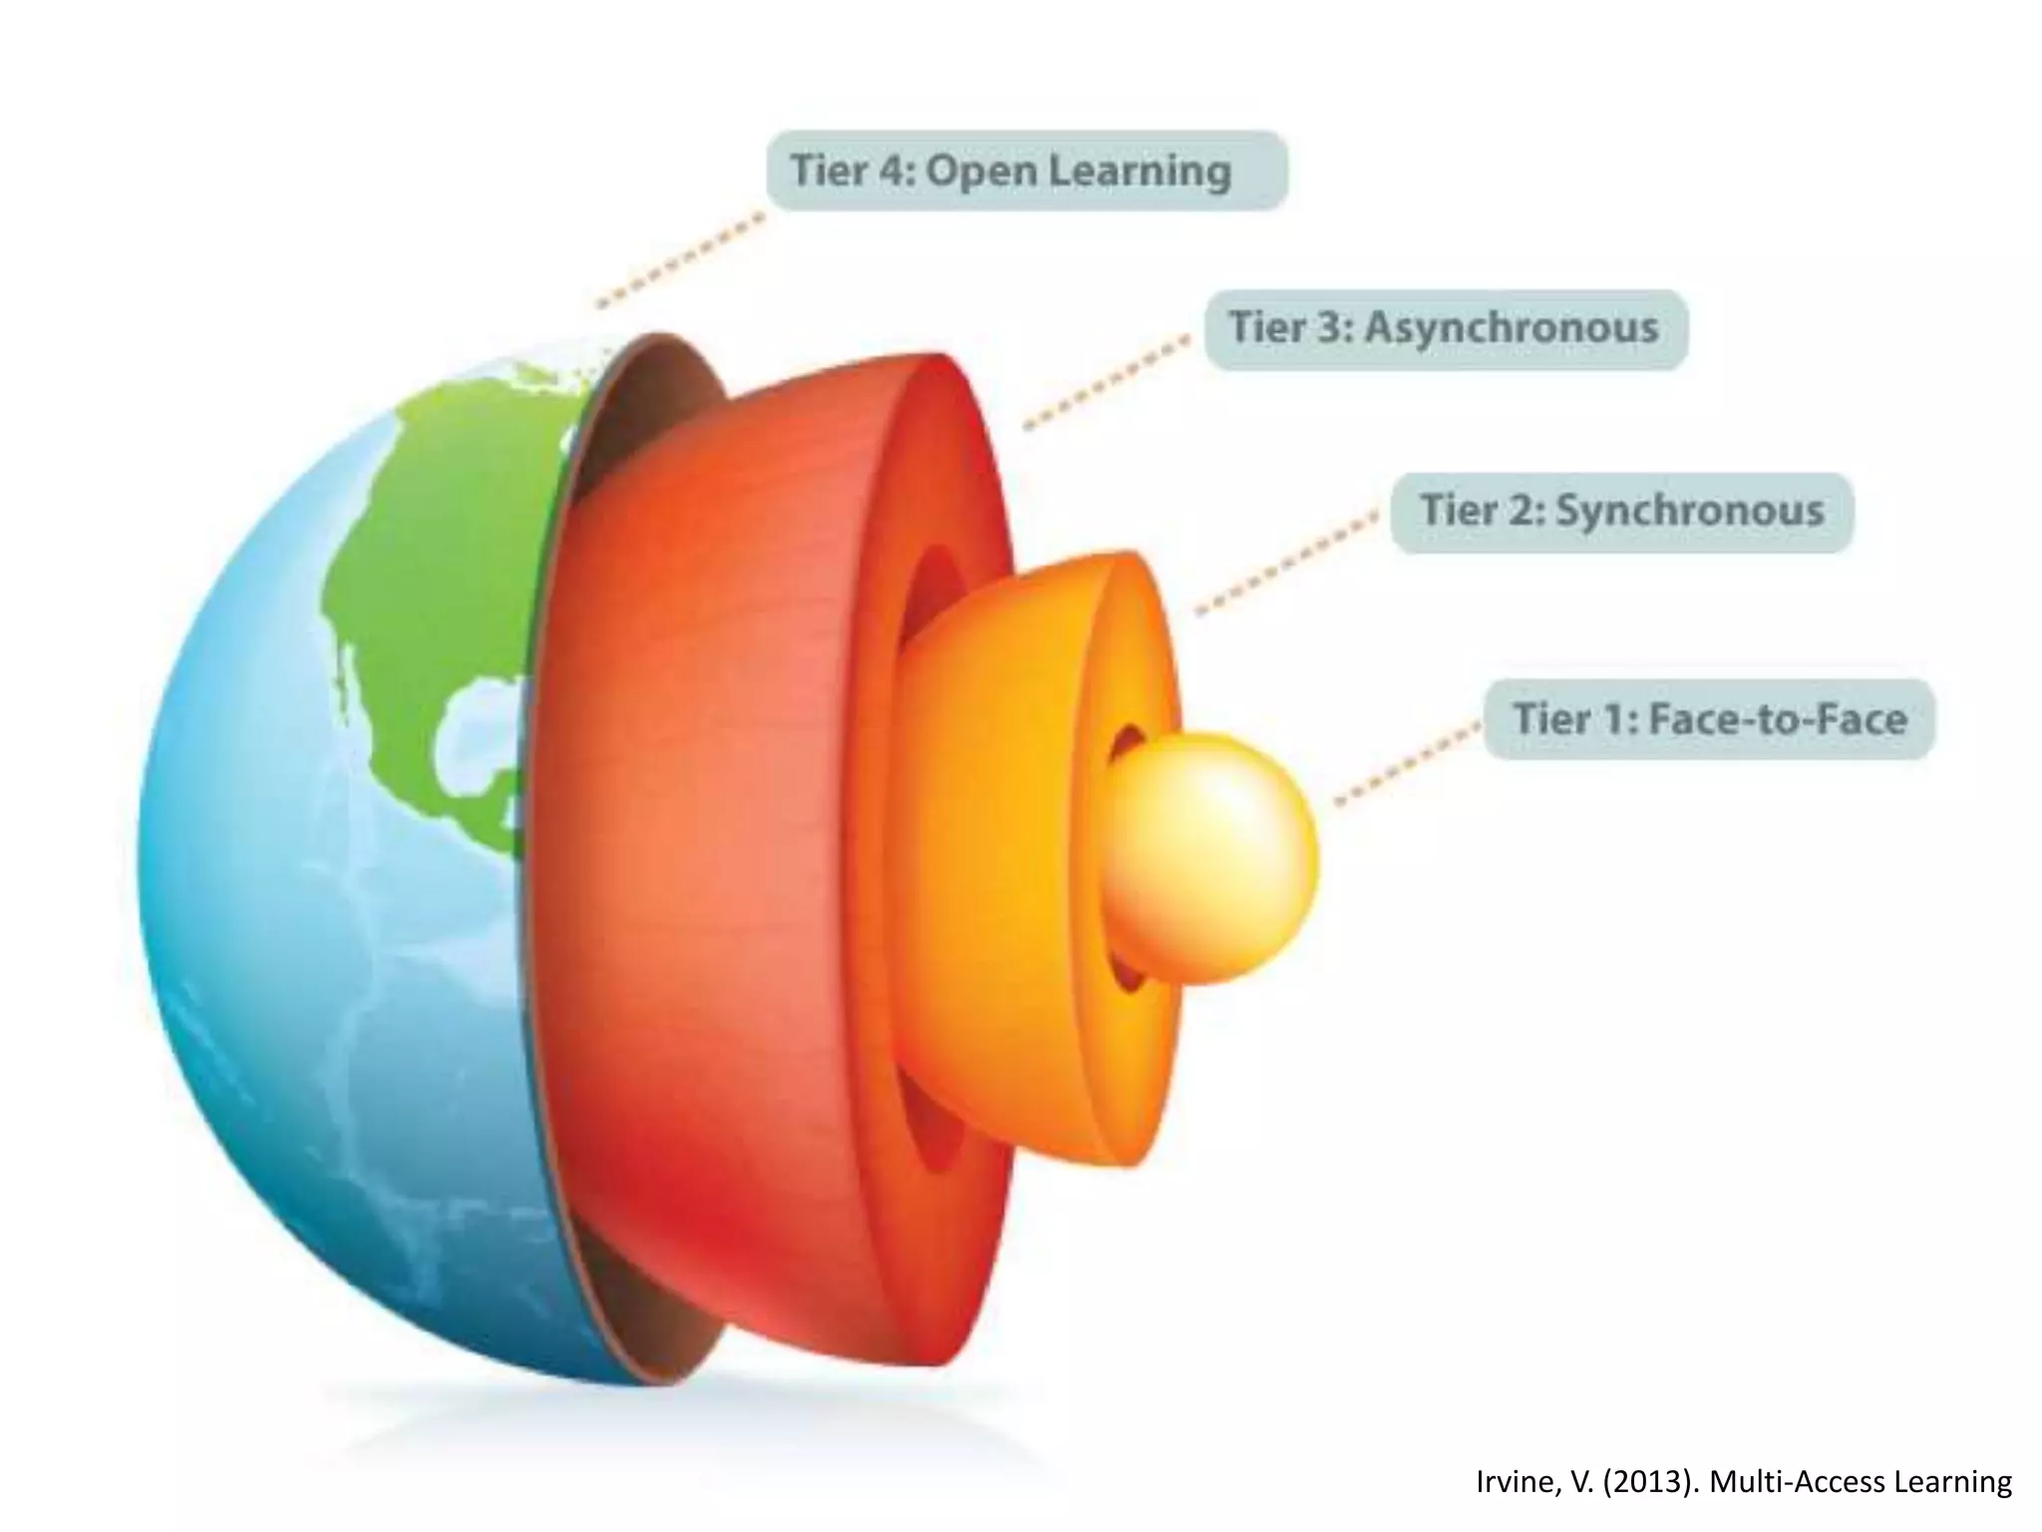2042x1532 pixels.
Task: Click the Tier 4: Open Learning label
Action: (1026, 171)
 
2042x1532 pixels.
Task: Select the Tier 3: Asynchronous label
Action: (1445, 328)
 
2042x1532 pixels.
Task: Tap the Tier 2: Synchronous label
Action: (1621, 512)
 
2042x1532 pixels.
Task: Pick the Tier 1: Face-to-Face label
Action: (1709, 719)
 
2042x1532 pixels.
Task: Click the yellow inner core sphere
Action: (1211, 858)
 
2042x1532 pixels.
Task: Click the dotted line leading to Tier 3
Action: (1107, 384)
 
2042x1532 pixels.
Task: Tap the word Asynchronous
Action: (1511, 328)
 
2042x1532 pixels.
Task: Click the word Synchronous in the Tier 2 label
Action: (1690, 512)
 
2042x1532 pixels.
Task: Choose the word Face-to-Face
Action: (1778, 719)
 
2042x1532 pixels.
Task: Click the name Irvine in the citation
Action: (1510, 1482)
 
